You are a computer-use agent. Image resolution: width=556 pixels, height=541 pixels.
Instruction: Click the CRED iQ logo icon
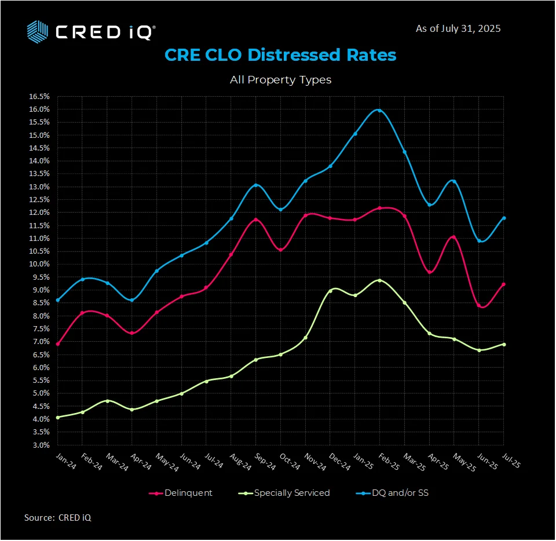coord(38,31)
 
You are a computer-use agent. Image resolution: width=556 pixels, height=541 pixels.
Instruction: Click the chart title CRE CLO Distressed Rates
coord(280,55)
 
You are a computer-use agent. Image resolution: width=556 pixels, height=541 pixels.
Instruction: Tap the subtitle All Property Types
coord(280,80)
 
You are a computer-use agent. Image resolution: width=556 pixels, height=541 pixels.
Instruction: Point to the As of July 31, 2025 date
coord(458,28)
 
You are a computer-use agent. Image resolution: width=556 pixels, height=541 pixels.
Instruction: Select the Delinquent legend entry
coord(181,493)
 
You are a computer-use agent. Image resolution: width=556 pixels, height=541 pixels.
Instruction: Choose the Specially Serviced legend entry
coord(284,493)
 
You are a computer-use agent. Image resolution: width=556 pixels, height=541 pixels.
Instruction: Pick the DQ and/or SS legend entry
coord(392,493)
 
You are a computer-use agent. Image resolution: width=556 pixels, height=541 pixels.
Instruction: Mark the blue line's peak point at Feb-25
coord(379,110)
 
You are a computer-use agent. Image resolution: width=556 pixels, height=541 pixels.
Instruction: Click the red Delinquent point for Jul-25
coord(504,284)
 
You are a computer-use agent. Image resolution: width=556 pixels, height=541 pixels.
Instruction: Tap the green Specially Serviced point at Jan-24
coord(57,417)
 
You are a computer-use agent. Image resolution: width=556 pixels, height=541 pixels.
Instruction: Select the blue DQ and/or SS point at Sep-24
coord(256,185)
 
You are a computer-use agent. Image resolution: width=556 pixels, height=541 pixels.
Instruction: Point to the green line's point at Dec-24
coord(330,291)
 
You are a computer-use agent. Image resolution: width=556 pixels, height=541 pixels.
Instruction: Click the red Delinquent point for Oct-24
coord(281,250)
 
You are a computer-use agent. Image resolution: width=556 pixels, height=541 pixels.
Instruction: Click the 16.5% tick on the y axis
coord(39,97)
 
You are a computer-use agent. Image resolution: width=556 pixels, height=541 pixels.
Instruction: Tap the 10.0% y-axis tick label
coord(39,264)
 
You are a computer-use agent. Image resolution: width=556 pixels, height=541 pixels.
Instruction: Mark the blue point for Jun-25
coord(479,241)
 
